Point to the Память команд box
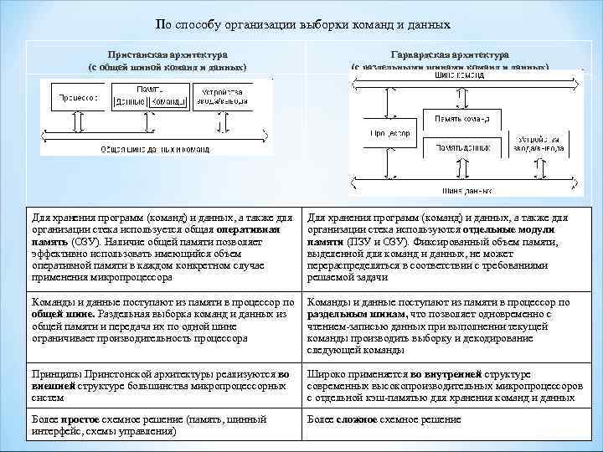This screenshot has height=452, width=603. point(466,120)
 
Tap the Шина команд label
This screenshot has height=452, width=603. point(461,74)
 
